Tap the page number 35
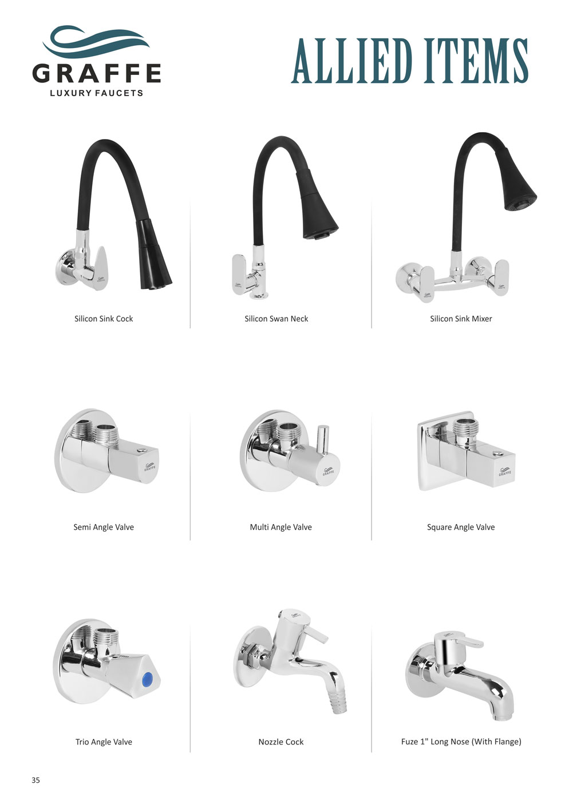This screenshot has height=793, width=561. click(35, 780)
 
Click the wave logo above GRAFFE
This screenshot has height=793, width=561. click(96, 41)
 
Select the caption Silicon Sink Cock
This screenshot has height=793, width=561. click(104, 319)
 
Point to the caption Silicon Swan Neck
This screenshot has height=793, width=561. click(276, 319)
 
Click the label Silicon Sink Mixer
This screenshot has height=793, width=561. click(461, 319)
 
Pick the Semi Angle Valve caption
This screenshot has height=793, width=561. click(104, 527)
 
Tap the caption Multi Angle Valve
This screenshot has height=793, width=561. click(281, 527)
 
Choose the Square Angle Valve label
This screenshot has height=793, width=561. click(461, 527)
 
